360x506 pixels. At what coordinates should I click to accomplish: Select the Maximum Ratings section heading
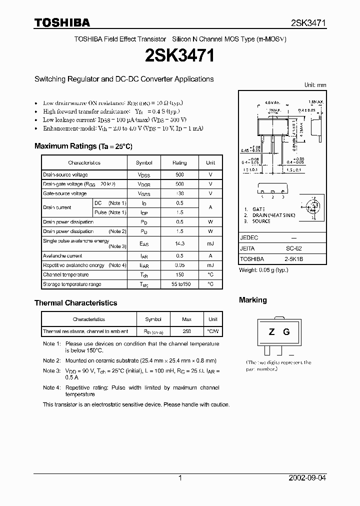pyautogui.click(x=83, y=146)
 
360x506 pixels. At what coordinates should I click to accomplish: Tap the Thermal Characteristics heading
pyautogui.click(x=75, y=303)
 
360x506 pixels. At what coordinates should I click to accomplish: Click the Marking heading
pyautogui.click(x=253, y=300)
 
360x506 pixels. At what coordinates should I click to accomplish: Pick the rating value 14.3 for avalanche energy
pyautogui.click(x=179, y=243)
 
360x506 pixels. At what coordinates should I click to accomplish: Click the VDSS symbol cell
pyautogui.click(x=144, y=175)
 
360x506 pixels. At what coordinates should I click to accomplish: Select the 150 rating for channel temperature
pyautogui.click(x=179, y=274)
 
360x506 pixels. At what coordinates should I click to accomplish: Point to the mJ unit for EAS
pyautogui.click(x=210, y=243)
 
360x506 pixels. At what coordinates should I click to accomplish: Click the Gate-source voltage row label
pyautogui.click(x=65, y=193)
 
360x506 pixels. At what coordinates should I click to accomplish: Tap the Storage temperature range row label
pyautogui.click(x=72, y=284)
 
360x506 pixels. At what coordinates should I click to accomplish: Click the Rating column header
pyautogui.click(x=179, y=163)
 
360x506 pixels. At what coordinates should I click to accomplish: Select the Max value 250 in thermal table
pyautogui.click(x=186, y=331)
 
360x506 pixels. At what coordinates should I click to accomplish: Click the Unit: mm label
pyautogui.click(x=315, y=85)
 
